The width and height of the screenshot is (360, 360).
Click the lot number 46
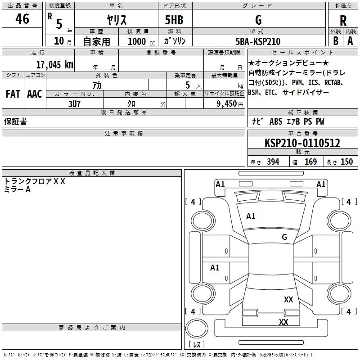(22, 18)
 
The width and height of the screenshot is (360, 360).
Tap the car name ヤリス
(117, 20)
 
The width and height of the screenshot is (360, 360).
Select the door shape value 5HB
(174, 20)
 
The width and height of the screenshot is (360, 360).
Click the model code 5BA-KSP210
(258, 41)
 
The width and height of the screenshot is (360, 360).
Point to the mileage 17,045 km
(55, 65)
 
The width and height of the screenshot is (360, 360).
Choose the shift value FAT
(13, 94)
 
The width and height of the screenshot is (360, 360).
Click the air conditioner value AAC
(35, 94)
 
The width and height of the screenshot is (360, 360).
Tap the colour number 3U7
(74, 104)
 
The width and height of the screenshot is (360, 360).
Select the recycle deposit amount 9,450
(227, 104)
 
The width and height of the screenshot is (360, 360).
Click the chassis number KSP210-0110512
(302, 143)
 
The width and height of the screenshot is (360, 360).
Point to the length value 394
(273, 162)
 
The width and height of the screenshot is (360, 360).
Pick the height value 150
(346, 162)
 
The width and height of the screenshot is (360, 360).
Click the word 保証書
(15, 121)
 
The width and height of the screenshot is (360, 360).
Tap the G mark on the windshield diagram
(284, 237)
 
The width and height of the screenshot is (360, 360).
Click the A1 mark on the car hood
(251, 216)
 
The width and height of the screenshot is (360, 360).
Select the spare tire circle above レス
(197, 328)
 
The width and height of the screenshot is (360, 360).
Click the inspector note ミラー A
(17, 189)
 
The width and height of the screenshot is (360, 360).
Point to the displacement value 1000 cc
(141, 41)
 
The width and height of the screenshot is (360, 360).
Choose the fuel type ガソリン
(175, 41)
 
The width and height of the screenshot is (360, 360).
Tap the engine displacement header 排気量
(138, 31)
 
